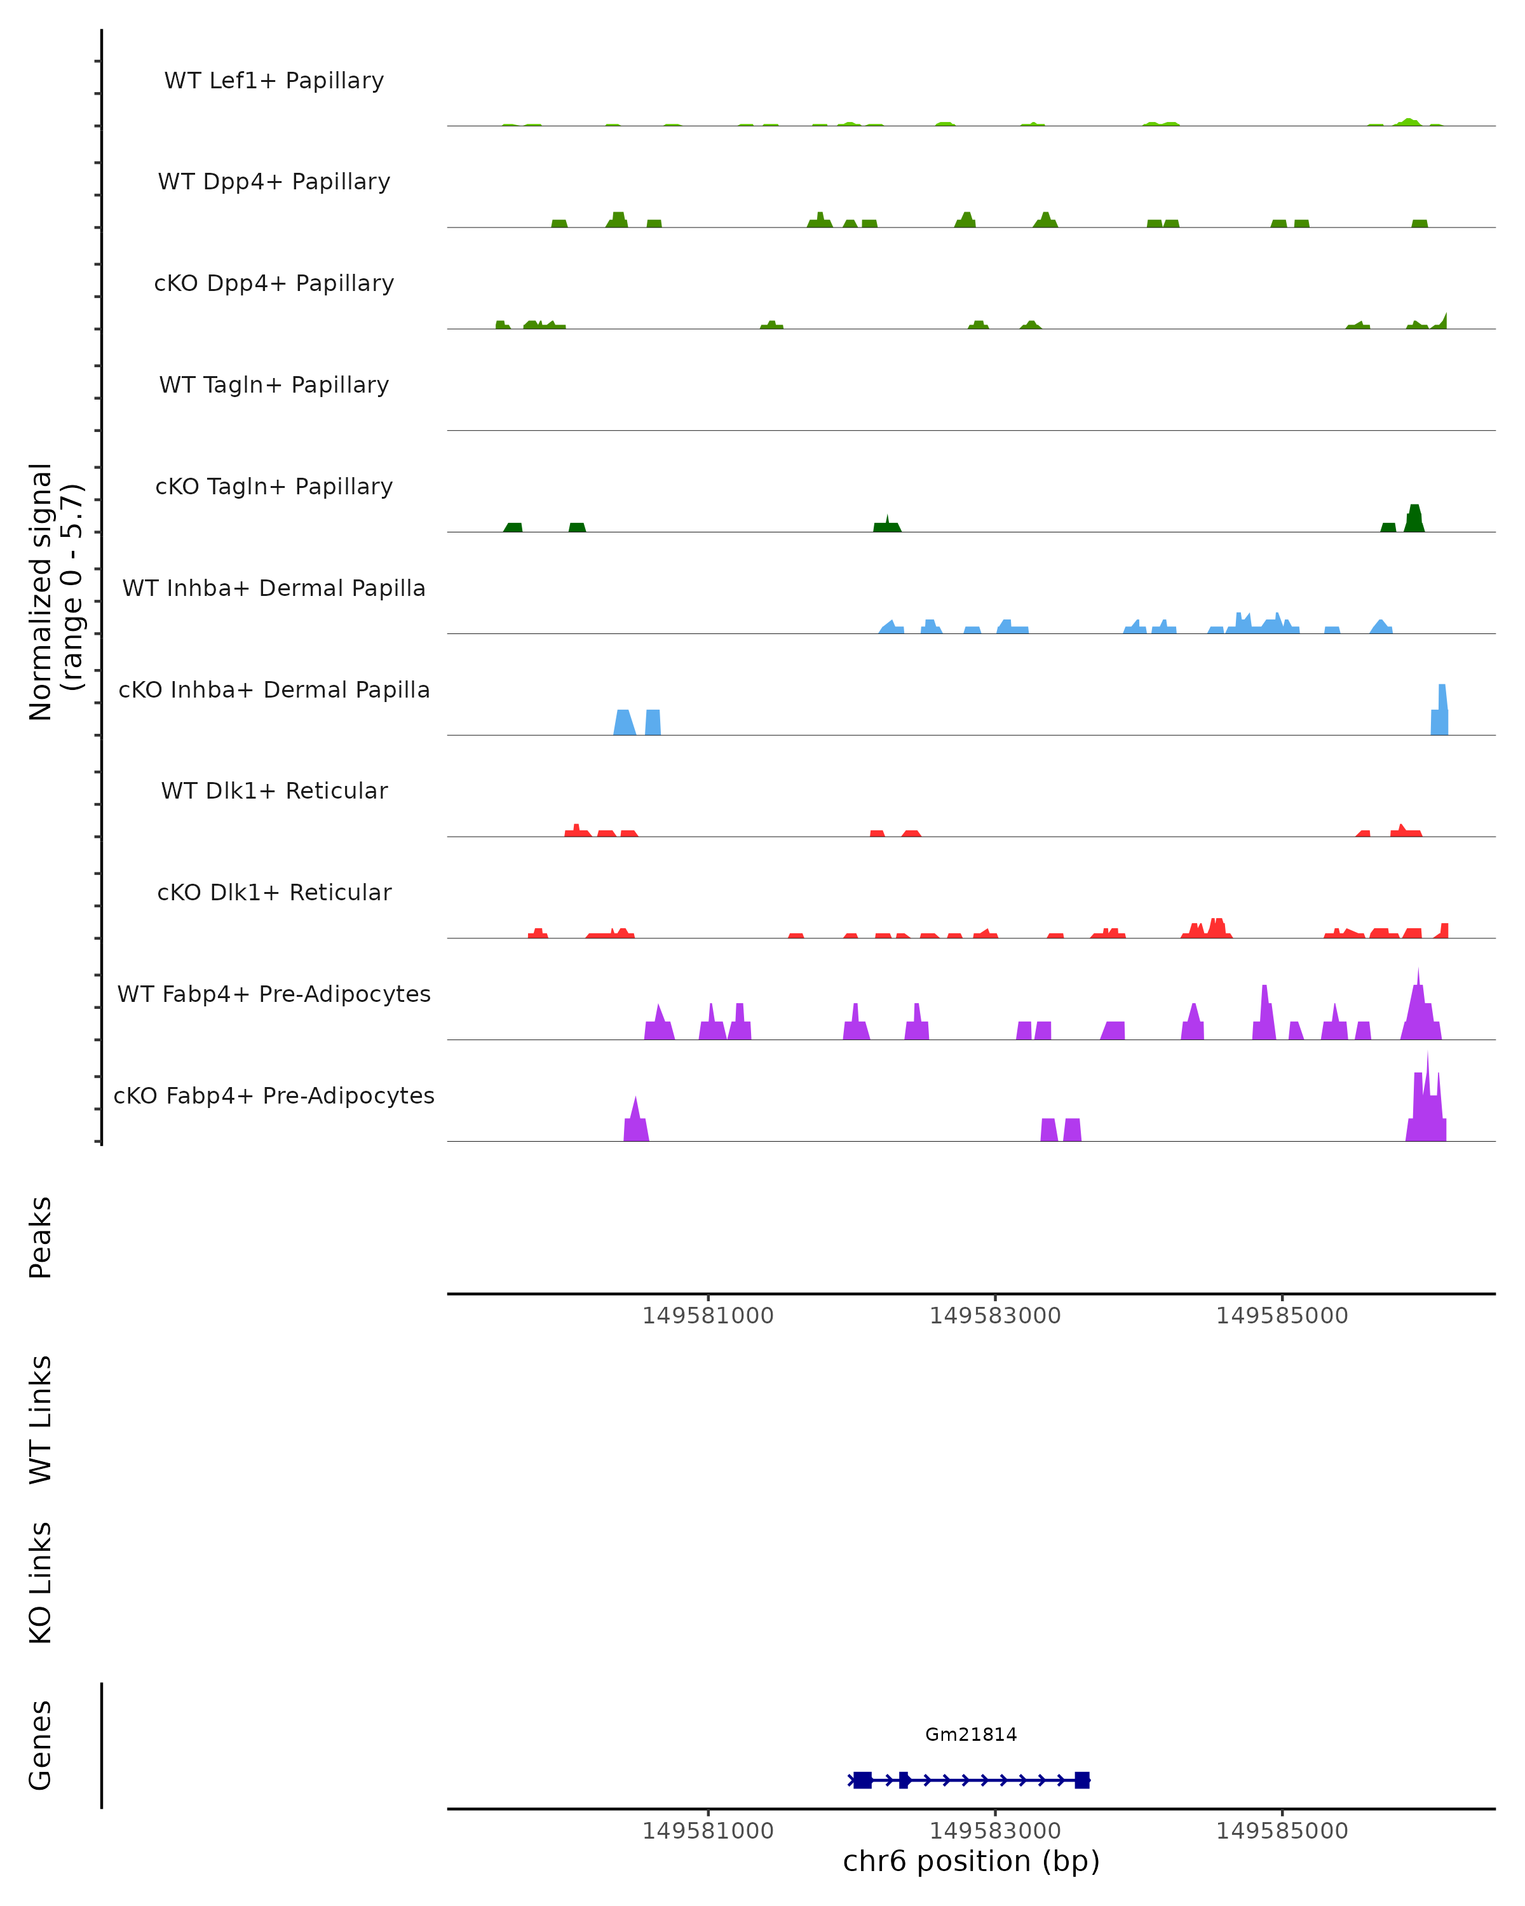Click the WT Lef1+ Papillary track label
point(274,81)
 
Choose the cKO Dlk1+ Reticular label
point(274,892)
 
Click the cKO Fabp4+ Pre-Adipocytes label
point(274,1095)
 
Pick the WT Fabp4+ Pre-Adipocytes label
point(274,994)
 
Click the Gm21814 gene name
point(971,1734)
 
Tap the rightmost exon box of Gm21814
point(1081,1780)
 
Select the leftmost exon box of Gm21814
point(863,1780)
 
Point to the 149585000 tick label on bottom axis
point(1282,1831)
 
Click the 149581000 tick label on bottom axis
point(707,1831)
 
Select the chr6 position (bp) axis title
point(971,1861)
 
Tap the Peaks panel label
point(41,1238)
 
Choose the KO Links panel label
point(41,1583)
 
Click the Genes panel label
point(41,1745)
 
